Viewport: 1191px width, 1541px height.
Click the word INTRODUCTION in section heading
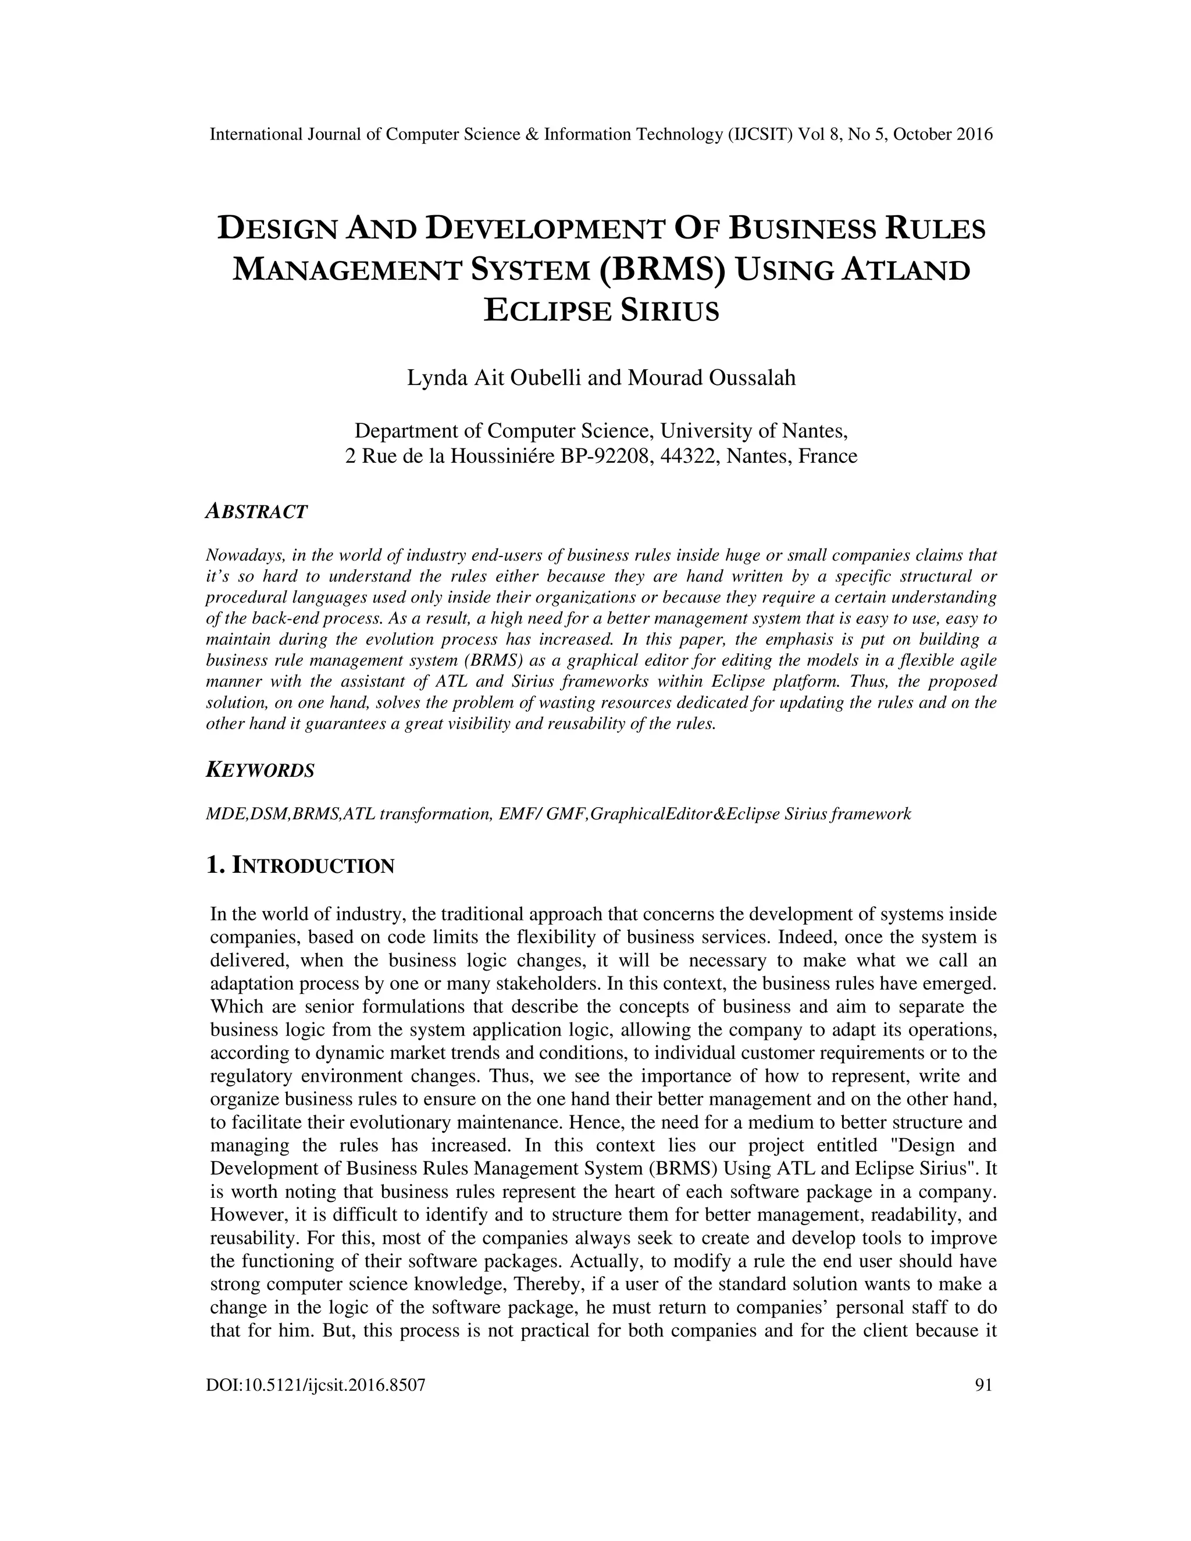point(313,866)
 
